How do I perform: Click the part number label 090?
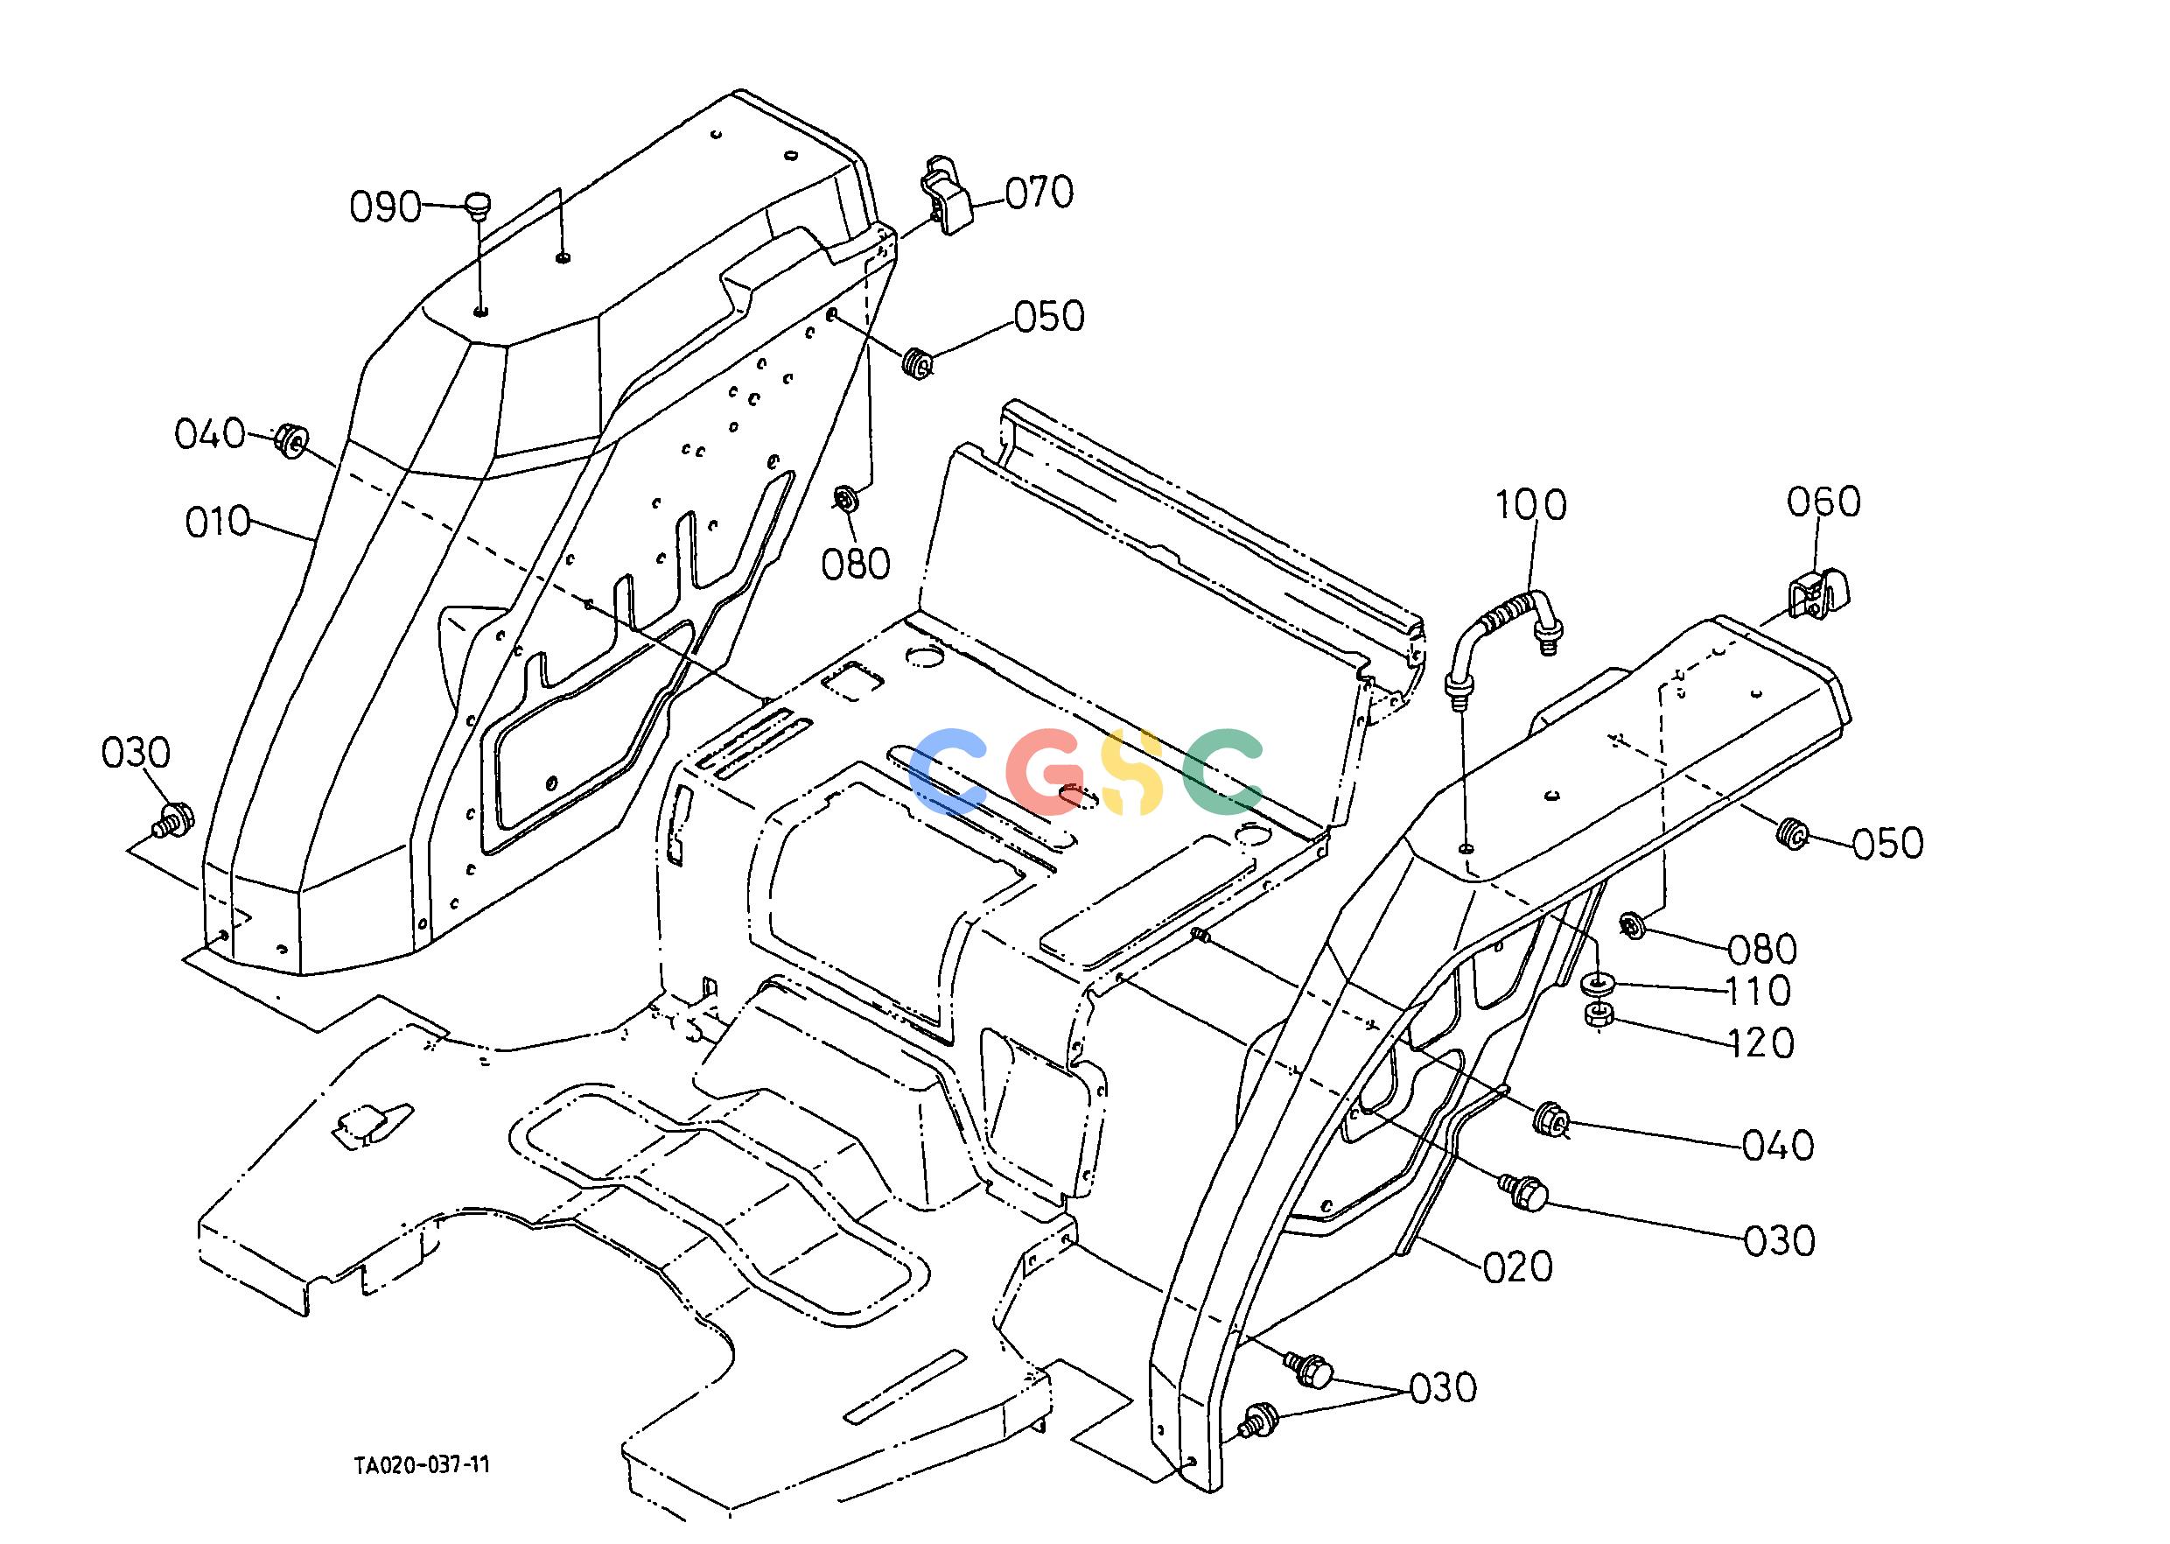[x=385, y=207]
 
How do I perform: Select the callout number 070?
[x=1039, y=193]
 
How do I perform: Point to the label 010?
[x=218, y=522]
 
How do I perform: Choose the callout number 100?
[x=1531, y=505]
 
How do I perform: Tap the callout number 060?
[x=1823, y=502]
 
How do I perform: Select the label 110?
[x=1758, y=992]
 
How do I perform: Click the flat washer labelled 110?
[x=1598, y=982]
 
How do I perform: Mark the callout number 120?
[x=1760, y=1044]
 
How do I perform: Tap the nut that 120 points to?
[x=1598, y=1014]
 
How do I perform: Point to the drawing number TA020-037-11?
[x=422, y=1465]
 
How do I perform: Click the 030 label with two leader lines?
[x=1443, y=1388]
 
